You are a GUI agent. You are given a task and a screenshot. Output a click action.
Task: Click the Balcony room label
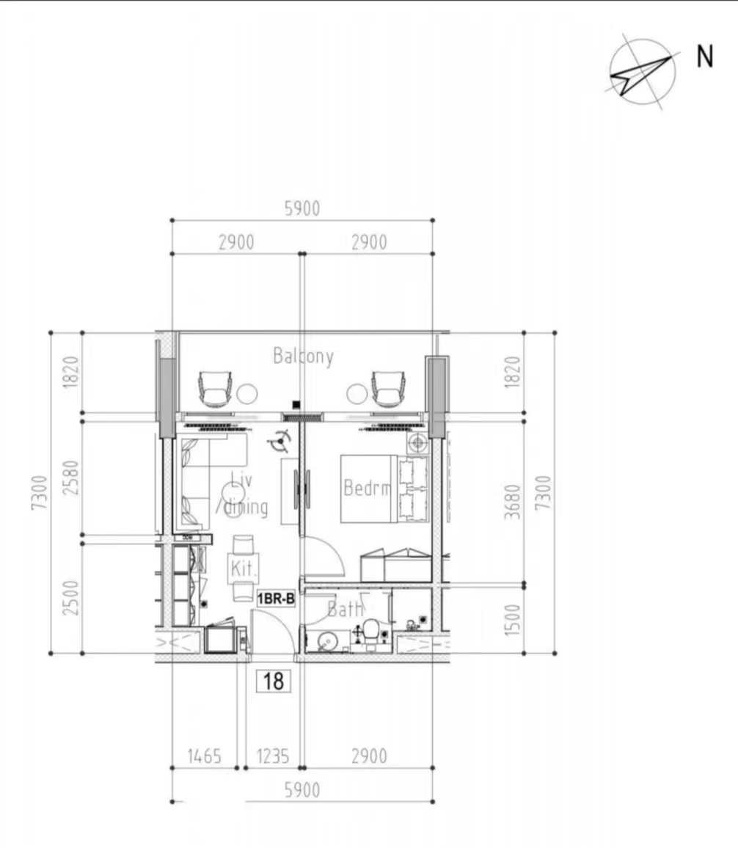tap(303, 357)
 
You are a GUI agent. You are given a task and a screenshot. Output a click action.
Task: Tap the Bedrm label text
tap(367, 488)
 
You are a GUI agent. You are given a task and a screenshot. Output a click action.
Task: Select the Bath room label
tap(345, 610)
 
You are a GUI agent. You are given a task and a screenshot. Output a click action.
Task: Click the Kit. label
tap(243, 569)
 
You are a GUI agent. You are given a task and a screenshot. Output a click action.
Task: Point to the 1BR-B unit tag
tap(276, 599)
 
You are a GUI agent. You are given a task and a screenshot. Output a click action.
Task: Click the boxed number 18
tap(274, 681)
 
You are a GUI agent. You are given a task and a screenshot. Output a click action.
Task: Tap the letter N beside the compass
tap(704, 56)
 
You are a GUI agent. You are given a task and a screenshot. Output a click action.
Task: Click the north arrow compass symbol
tap(643, 72)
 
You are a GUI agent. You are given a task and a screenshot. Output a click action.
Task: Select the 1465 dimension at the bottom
tap(205, 756)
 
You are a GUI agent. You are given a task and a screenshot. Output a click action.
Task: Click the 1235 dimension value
tap(272, 756)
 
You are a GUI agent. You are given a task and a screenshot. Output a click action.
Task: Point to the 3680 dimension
tap(513, 502)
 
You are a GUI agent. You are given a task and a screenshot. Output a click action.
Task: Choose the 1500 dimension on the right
tap(513, 620)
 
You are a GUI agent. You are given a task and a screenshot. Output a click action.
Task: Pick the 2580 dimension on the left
tap(71, 478)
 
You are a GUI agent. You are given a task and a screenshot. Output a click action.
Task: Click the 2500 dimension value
tap(71, 598)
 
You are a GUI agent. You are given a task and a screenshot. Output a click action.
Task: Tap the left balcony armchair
tap(215, 388)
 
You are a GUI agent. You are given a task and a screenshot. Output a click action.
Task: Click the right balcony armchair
tap(388, 388)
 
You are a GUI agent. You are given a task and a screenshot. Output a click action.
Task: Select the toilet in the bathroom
tap(371, 633)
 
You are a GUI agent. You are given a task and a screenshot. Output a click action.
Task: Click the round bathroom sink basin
tap(326, 643)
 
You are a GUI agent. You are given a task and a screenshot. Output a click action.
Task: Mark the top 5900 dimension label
tap(302, 208)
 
